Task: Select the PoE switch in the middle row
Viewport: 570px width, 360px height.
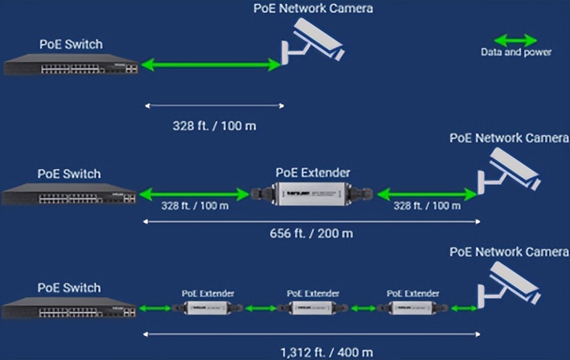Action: [69, 196]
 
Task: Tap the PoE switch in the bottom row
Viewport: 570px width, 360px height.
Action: [69, 309]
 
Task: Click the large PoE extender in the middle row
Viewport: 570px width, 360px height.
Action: [312, 194]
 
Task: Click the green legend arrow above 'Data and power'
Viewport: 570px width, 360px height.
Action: [516, 40]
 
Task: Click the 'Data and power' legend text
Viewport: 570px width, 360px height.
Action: [516, 52]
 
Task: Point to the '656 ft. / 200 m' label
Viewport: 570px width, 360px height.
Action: [311, 233]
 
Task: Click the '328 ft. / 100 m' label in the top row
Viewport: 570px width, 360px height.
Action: [214, 126]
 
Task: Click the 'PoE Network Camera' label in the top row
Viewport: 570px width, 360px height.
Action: [312, 8]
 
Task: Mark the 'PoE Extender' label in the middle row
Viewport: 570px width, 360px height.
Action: [312, 172]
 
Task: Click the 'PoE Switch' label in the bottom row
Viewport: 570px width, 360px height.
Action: [69, 287]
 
